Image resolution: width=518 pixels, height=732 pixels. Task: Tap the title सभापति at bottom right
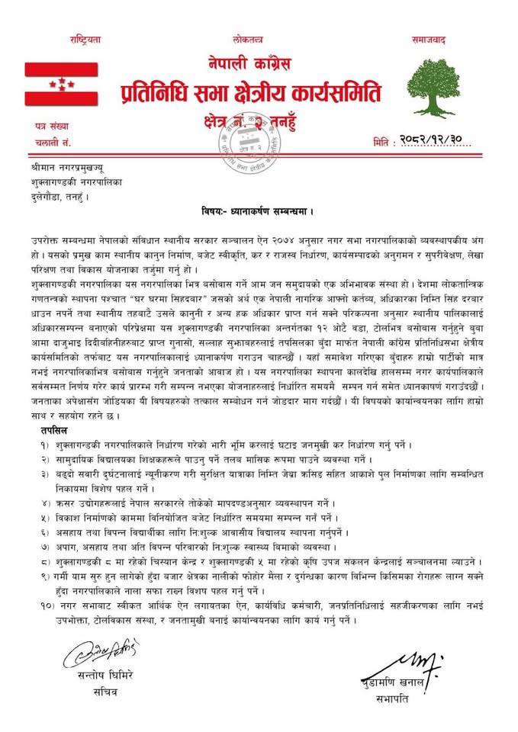click(433, 694)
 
